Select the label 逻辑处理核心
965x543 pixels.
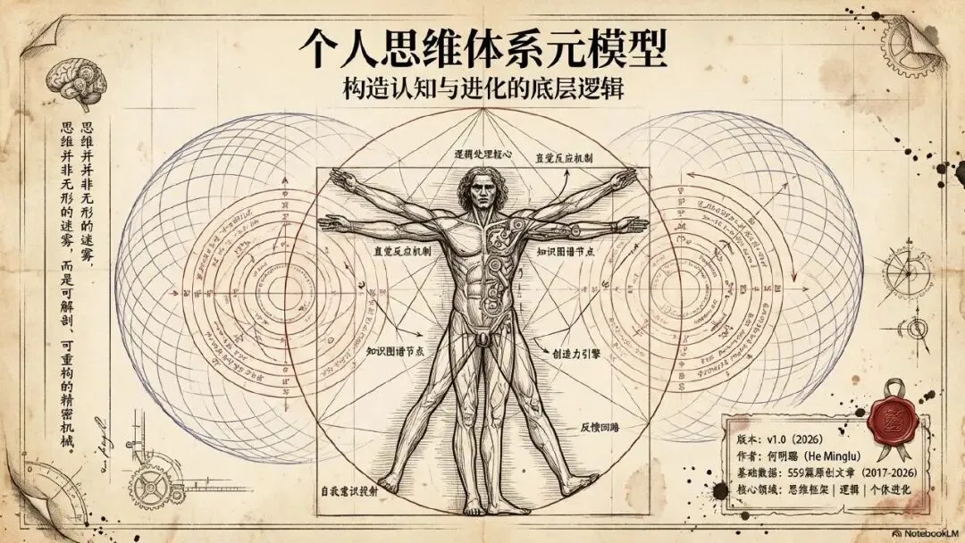(483, 154)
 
